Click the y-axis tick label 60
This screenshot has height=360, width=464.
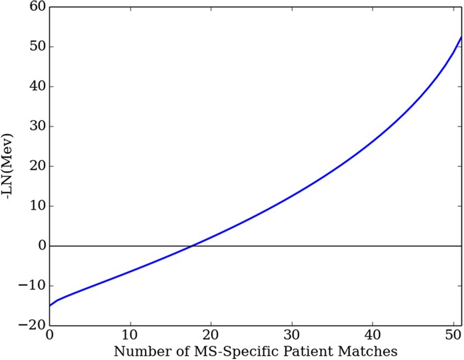pos(35,8)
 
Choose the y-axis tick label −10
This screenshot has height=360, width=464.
pos(32,286)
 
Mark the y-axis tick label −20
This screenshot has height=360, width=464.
pos(32,326)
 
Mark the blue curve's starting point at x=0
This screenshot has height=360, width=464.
pos(50,305)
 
